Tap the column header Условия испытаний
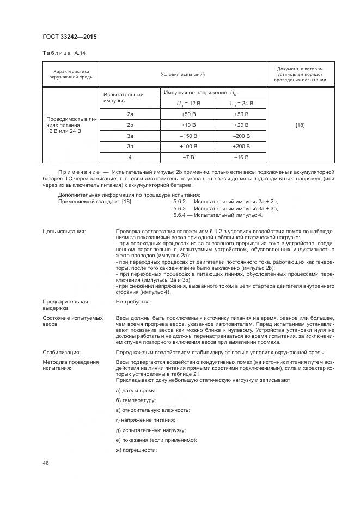pyautogui.click(x=182, y=74)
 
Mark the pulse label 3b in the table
pyautogui.click(x=130, y=147)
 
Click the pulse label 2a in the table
pyautogui.click(x=130, y=114)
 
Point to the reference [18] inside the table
pyautogui.click(x=300, y=125)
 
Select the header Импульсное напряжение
pyautogui.click(x=199, y=93)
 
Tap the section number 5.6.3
pyautogui.click(x=181, y=208)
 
